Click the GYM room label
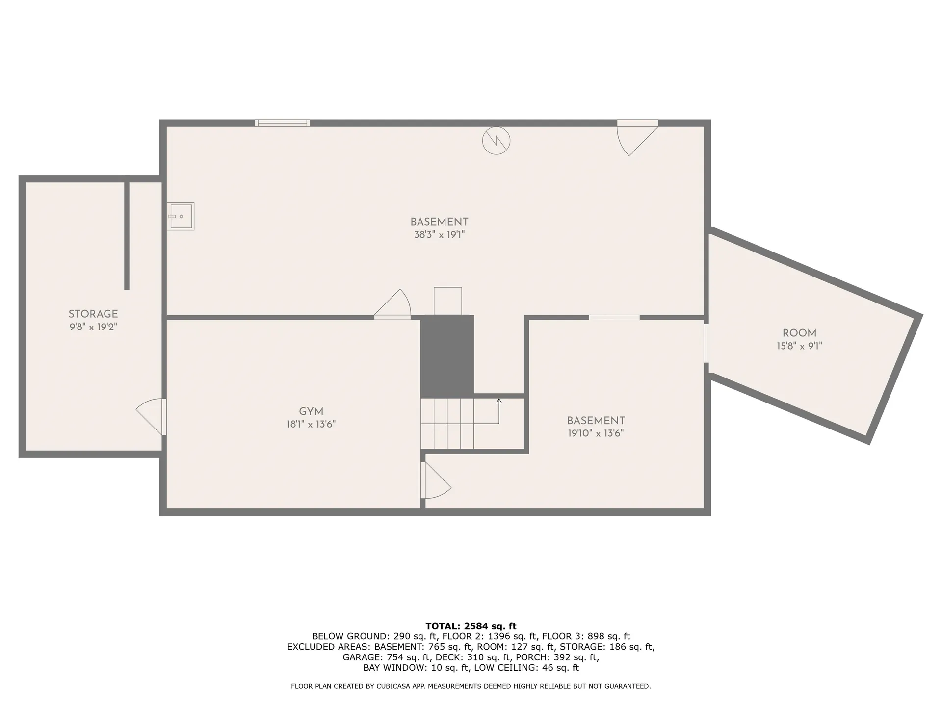click(311, 412)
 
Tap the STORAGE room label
click(93, 314)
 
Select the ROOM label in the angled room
click(799, 333)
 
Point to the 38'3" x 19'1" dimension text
click(439, 235)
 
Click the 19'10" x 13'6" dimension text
click(596, 433)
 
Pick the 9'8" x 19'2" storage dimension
click(93, 327)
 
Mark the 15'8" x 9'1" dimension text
click(799, 346)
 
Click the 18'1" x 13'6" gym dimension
click(311, 425)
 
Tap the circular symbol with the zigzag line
click(496, 141)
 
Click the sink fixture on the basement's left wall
click(180, 216)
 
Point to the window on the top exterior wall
click(283, 123)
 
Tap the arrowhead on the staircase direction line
click(499, 401)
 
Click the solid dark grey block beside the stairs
click(447, 356)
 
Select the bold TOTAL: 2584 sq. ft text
click(471, 626)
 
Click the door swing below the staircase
click(435, 481)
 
